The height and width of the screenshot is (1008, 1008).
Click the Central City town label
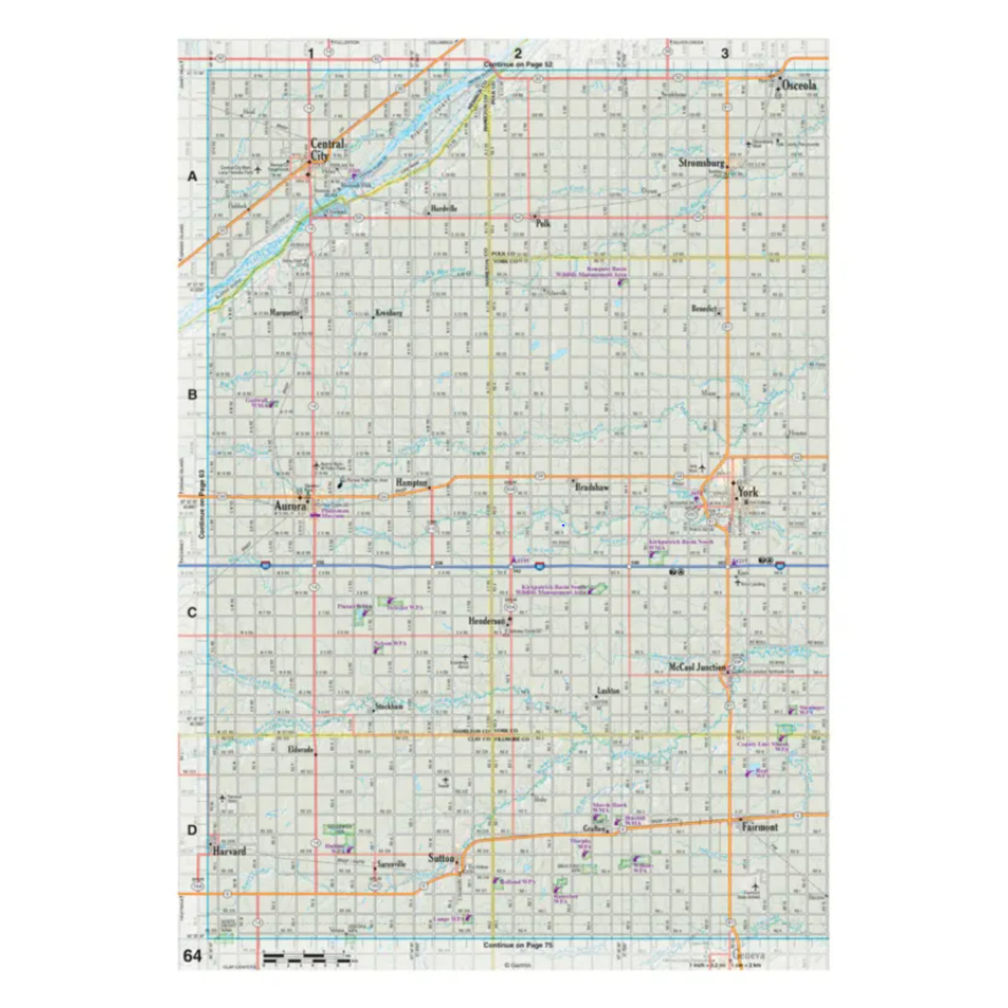(x=325, y=150)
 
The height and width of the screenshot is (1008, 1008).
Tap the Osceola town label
(x=799, y=85)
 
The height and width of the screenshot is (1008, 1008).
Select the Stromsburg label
(x=701, y=163)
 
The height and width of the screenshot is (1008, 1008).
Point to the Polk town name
(x=543, y=224)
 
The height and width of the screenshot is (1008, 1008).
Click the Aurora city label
(x=290, y=506)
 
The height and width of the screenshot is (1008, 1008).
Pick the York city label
(x=747, y=492)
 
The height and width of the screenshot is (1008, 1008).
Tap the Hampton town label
(x=411, y=482)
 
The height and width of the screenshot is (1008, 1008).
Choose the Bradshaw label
(x=591, y=487)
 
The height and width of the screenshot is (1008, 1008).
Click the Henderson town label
(x=487, y=621)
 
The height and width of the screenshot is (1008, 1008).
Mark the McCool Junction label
(x=697, y=667)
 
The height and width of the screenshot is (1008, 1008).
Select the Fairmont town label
(x=759, y=827)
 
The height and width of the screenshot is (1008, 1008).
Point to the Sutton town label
(x=442, y=858)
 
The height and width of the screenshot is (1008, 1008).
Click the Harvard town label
(x=229, y=850)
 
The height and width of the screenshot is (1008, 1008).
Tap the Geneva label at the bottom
(x=747, y=955)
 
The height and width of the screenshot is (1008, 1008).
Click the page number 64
(x=192, y=955)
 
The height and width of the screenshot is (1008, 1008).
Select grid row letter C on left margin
(x=192, y=613)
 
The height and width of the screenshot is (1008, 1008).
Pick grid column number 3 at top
(x=724, y=54)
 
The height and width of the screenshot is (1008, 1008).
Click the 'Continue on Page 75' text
(x=518, y=945)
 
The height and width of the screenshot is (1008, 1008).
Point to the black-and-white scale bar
(x=306, y=958)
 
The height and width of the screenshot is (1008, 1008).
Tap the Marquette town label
(x=284, y=313)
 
